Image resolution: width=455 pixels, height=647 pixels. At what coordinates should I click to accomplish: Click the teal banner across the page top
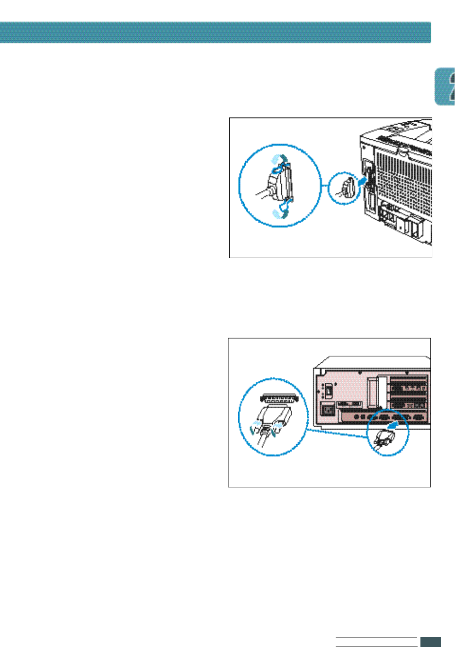point(215,32)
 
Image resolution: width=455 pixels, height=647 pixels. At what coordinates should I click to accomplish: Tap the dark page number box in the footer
point(430,642)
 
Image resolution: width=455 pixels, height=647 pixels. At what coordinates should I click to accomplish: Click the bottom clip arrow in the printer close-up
point(279,213)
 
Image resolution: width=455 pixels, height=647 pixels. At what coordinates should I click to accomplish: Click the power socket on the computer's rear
point(328,408)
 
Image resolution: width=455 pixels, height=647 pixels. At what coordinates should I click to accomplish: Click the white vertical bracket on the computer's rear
point(374,393)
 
